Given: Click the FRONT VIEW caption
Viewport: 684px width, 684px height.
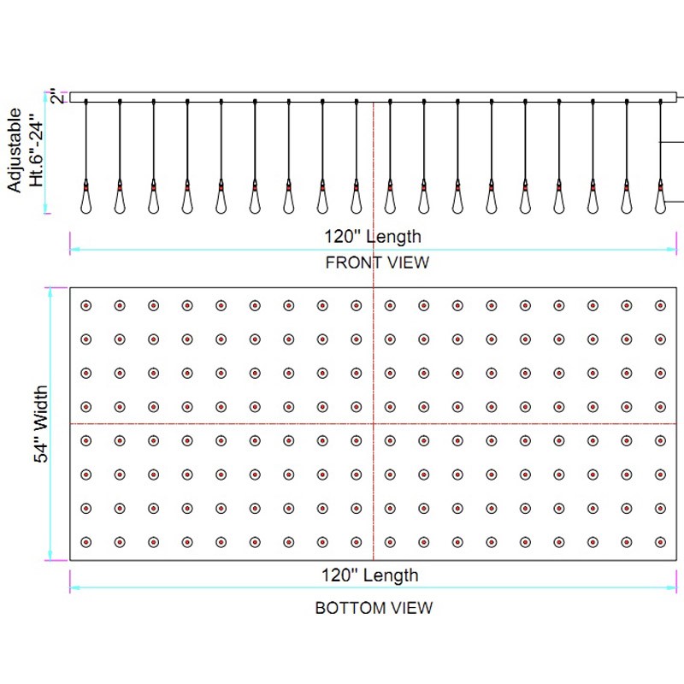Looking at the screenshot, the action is tap(377, 262).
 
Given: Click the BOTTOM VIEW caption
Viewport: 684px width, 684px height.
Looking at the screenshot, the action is tap(374, 608).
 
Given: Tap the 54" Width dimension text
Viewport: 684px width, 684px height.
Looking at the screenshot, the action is tap(40, 423).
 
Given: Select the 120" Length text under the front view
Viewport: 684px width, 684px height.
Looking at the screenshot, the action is tap(373, 237).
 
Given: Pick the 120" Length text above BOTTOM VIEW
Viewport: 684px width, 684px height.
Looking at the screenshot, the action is tap(370, 575).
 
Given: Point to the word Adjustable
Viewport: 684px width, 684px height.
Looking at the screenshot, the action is tap(15, 150).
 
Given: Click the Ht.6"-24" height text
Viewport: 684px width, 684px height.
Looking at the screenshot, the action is tap(36, 150).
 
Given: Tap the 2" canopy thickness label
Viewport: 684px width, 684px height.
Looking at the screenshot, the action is tap(58, 96).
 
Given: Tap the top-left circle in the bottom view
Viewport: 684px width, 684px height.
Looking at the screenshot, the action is tap(86, 306).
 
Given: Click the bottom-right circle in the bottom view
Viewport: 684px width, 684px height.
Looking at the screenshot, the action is tap(660, 542).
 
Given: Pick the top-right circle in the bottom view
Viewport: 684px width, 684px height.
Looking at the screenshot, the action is tap(660, 306).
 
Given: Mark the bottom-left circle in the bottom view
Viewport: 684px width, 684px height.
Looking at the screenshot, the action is tap(86, 542).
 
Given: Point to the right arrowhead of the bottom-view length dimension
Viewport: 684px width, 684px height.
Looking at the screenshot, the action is tap(672, 587).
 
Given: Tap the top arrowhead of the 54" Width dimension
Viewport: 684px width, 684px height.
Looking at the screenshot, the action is tap(50, 292).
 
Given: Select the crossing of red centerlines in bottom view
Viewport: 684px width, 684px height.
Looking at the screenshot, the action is tap(374, 423).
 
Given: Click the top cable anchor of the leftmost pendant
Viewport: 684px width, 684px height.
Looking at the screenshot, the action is tap(86, 102).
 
